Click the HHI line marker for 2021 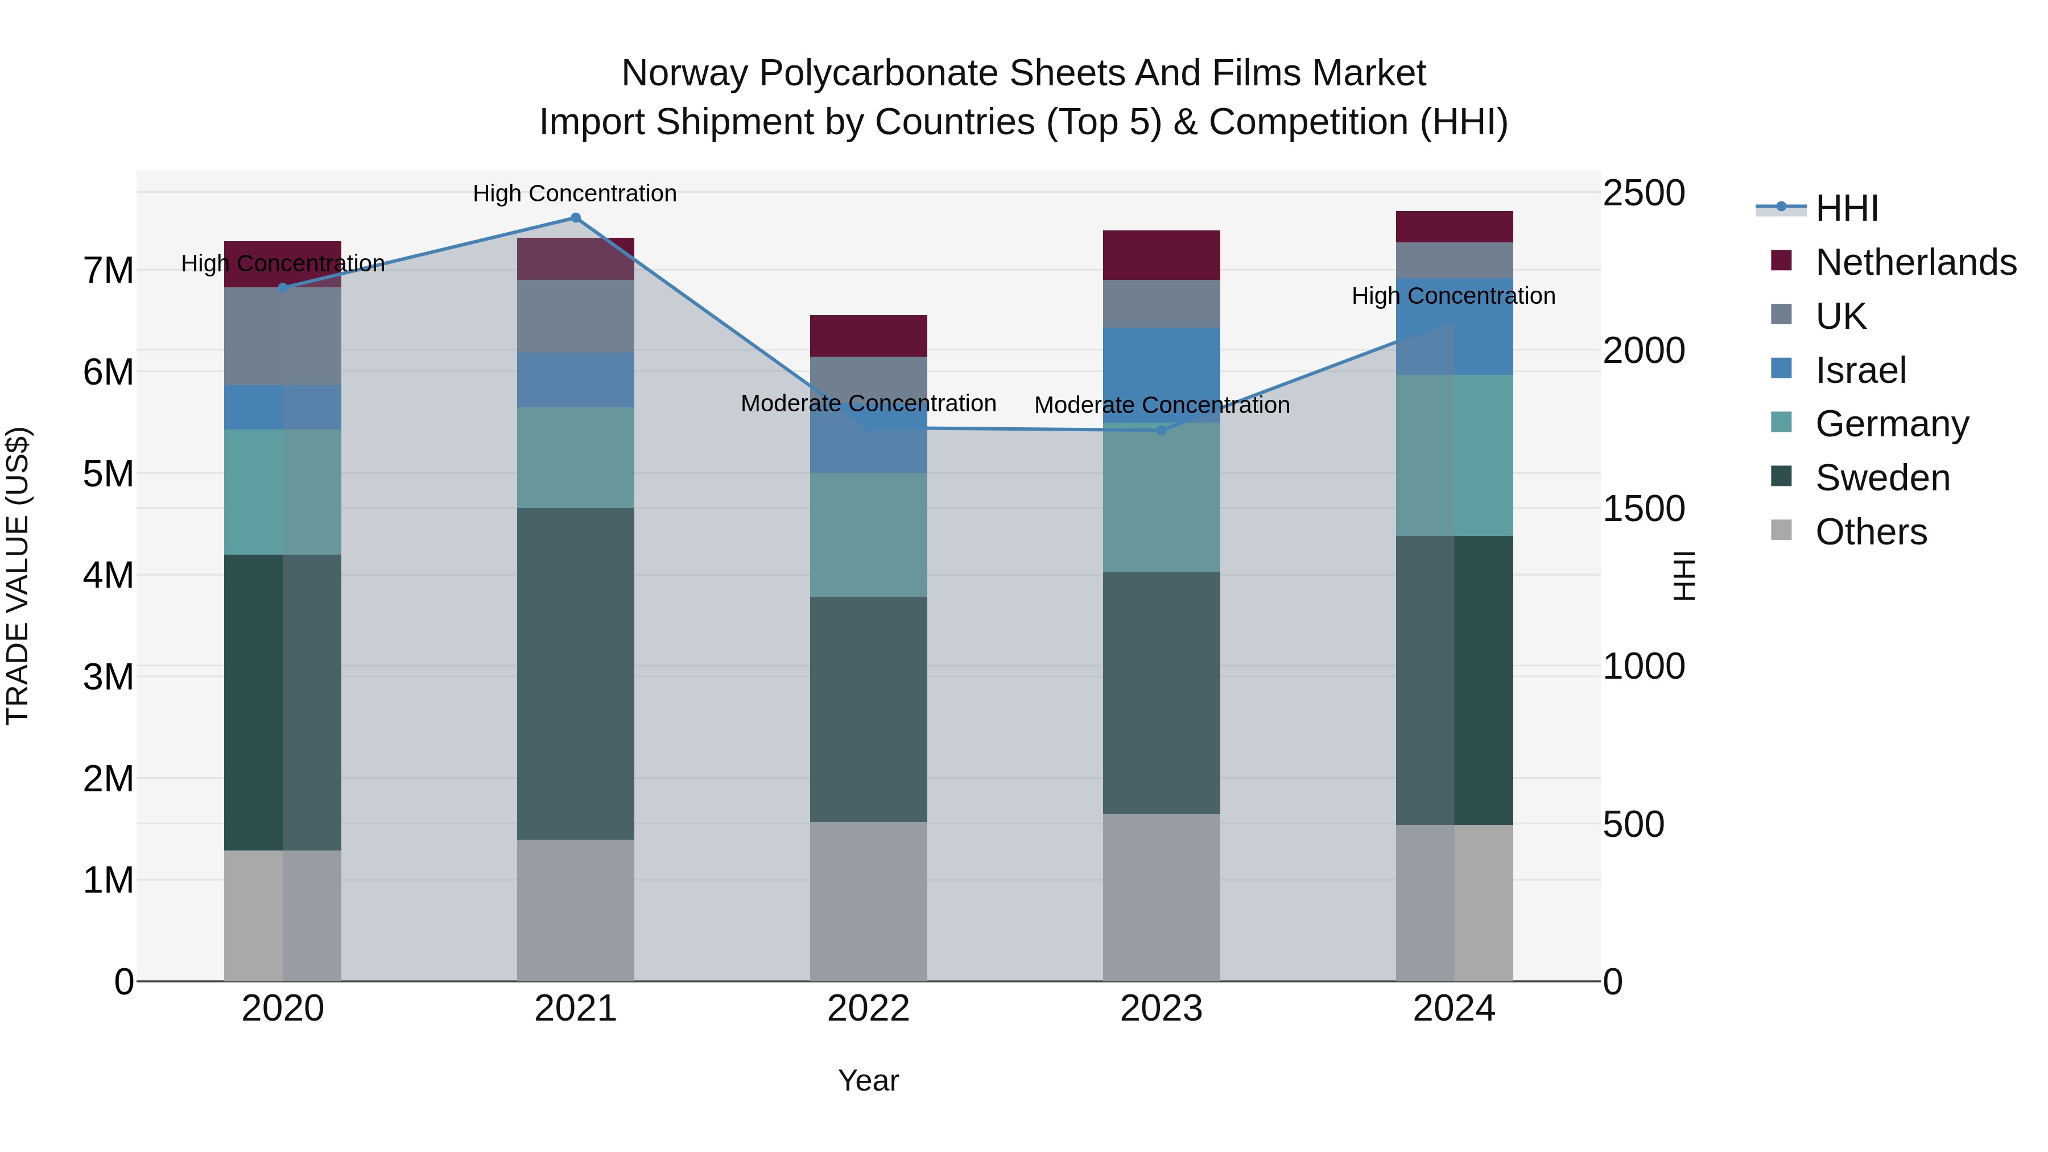point(576,218)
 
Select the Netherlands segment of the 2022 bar point(868,336)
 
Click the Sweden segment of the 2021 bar point(576,674)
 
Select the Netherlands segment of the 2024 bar point(1454,226)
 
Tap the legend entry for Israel point(1860,370)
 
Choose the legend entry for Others point(1871,532)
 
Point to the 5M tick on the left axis point(108,474)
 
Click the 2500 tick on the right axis point(1642,193)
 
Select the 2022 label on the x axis point(868,1009)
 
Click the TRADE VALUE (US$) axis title point(18,576)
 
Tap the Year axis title point(868,1080)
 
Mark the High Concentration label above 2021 point(575,193)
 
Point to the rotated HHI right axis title point(1684,576)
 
